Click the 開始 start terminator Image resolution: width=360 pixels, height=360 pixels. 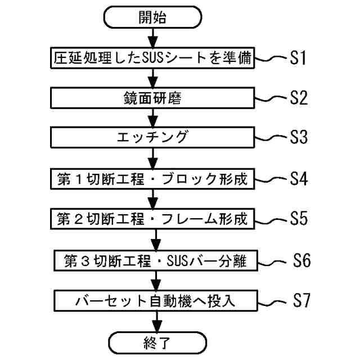point(152,17)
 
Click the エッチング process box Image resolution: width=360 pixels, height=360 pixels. point(152,138)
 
